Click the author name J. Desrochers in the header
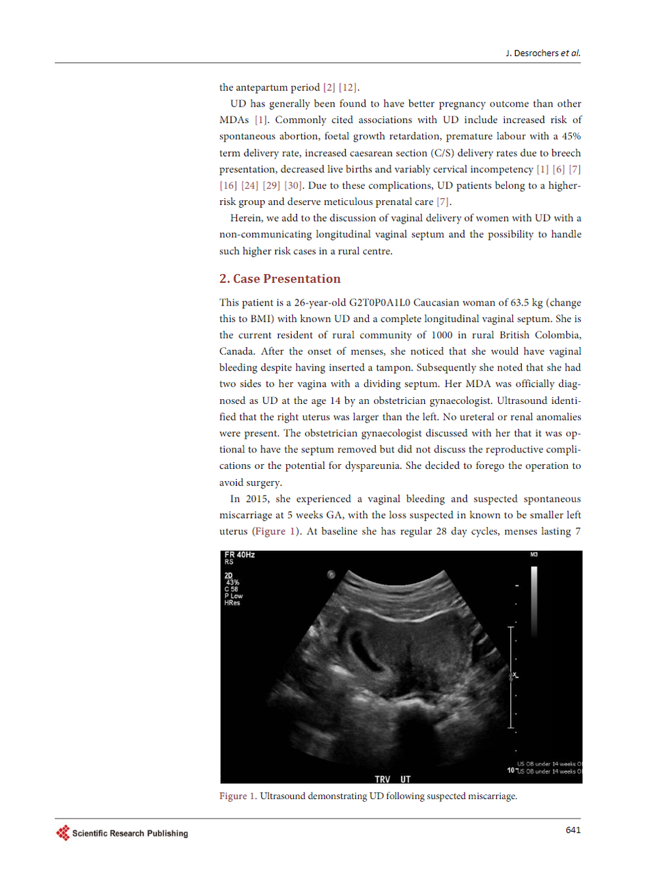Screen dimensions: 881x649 (x=532, y=53)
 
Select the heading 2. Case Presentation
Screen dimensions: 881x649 (x=279, y=279)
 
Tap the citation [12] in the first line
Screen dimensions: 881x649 (x=348, y=87)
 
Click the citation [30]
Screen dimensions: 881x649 (x=293, y=186)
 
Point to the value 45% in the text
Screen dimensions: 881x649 (x=571, y=137)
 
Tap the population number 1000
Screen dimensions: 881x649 (x=441, y=336)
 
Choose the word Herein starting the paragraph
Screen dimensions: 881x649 (x=245, y=218)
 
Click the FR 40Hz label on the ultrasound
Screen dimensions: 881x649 (x=240, y=555)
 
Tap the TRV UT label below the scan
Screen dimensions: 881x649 (x=393, y=779)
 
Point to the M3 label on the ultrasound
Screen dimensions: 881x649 (x=534, y=555)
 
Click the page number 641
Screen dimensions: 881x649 (x=573, y=830)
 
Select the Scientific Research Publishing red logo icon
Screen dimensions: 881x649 (x=63, y=833)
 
